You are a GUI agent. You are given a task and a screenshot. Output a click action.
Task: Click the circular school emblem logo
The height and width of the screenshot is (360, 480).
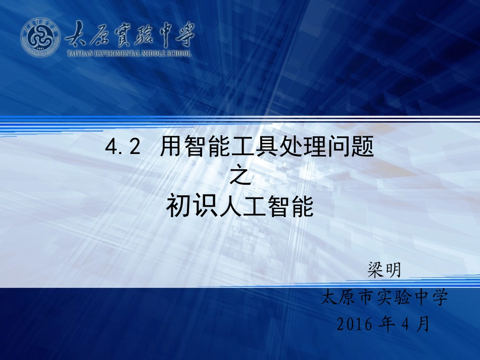40,37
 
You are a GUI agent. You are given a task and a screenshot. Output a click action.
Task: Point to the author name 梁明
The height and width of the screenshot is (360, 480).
385,270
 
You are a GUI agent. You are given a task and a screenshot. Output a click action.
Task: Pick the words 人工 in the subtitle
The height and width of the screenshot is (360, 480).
240,207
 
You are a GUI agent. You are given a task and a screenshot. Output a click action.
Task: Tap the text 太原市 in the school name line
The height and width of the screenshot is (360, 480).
348,297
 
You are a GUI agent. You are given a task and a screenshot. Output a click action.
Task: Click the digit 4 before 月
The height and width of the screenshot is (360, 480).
404,324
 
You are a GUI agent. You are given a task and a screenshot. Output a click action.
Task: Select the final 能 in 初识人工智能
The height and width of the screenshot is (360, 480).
302,207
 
